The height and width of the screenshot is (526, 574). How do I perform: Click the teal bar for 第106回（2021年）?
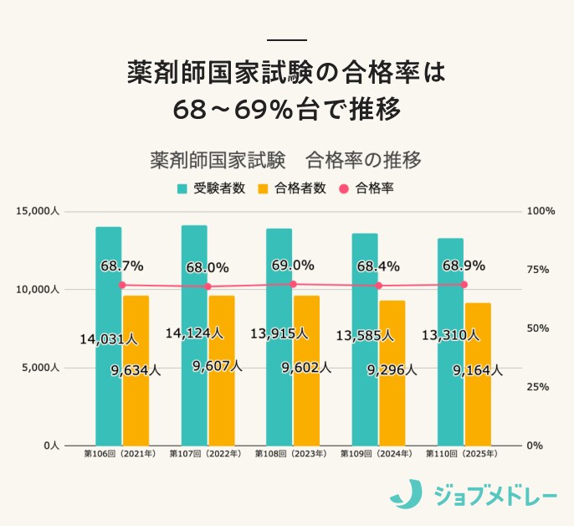point(108,335)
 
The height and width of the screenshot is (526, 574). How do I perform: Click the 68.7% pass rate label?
point(121,266)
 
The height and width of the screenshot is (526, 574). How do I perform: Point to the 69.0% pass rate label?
point(293,266)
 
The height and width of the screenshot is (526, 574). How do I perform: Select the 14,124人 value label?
point(193,333)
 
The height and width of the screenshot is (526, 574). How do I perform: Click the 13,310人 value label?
point(450,335)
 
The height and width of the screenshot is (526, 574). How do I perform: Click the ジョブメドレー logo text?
point(495,495)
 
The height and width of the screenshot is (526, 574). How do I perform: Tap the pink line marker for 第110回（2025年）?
point(464,284)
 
